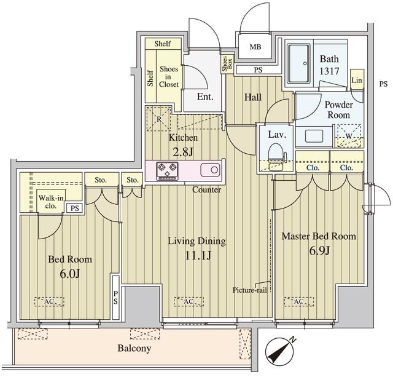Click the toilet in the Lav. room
tap(276, 153)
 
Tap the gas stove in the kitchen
tap(167, 171)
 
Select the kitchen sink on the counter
tap(210, 170)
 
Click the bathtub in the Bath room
tap(299, 64)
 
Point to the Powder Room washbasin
tap(314, 136)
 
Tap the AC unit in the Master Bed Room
tap(299, 301)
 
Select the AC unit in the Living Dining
tap(189, 301)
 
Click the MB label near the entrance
tap(255, 47)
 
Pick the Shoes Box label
tap(227, 64)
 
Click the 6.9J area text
tap(319, 250)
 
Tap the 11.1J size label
tap(198, 255)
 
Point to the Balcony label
tap(134, 348)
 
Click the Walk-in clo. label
tap(51, 202)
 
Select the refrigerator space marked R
tap(158, 119)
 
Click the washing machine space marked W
tap(349, 136)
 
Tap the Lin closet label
tap(357, 80)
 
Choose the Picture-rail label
tap(250, 290)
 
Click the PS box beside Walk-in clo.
tap(74, 208)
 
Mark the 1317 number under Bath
tap(329, 71)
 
